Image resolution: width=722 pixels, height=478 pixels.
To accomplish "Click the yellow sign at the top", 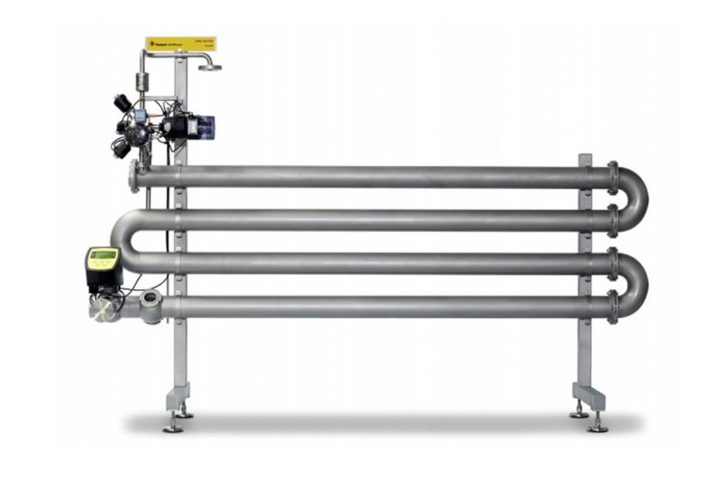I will [x=180, y=44].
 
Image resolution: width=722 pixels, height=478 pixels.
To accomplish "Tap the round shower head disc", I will [x=210, y=68].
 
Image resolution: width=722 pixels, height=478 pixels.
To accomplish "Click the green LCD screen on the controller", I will [x=103, y=255].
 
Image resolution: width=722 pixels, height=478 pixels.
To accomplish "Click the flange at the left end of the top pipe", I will [x=133, y=176].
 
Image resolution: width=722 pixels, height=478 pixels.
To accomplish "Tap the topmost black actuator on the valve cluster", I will [x=123, y=103].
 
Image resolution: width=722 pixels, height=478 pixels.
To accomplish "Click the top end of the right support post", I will [x=585, y=158].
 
